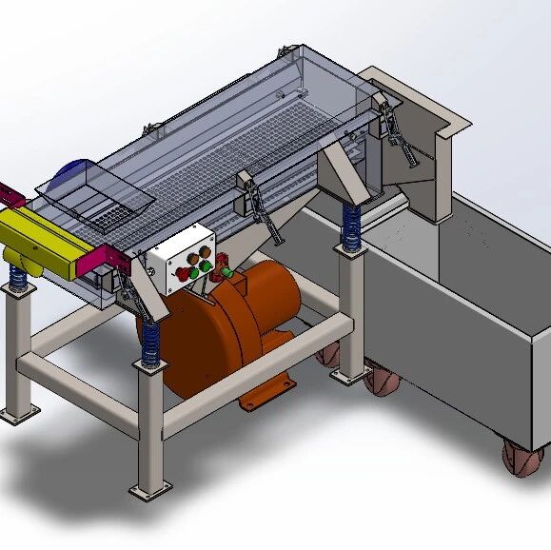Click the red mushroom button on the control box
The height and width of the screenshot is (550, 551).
183,272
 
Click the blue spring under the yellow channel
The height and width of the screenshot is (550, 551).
17,278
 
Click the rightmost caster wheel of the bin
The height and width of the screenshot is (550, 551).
520,460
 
